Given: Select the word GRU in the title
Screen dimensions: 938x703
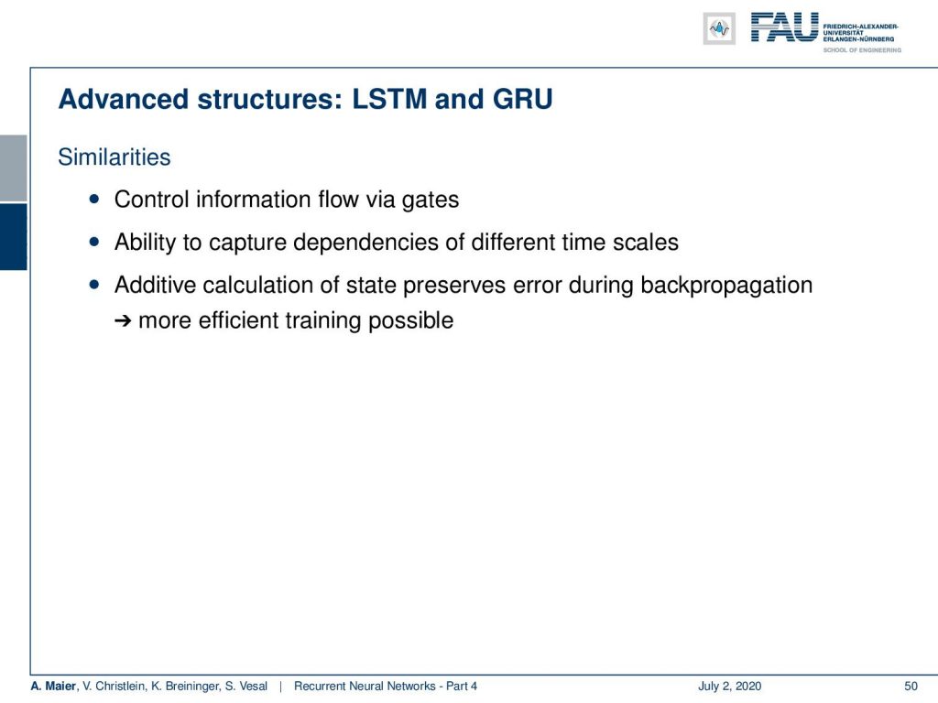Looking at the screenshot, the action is point(522,99).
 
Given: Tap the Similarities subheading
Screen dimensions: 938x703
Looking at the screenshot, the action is point(115,157).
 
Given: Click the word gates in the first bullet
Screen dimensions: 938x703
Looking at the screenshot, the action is point(431,200).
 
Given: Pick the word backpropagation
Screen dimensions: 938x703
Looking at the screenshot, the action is point(726,286).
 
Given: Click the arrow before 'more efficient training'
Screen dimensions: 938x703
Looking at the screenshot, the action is point(123,321).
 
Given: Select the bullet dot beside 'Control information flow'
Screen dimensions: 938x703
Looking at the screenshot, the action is point(94,199).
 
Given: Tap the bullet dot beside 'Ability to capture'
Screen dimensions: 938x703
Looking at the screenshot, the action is point(94,242).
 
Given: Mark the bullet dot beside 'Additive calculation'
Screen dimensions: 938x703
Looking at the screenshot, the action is point(94,285).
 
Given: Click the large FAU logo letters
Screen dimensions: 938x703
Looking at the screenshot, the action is point(784,27).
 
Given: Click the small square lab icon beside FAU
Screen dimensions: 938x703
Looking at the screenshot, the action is point(719,28).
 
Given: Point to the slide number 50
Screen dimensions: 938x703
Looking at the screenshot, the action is point(911,687).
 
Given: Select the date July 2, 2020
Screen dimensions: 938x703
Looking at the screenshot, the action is point(729,687).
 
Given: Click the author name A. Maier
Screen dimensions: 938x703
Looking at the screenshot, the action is point(53,687).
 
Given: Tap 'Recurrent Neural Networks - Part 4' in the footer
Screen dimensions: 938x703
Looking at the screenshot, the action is point(386,687).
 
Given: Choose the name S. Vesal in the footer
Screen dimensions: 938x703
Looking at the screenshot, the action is point(245,687).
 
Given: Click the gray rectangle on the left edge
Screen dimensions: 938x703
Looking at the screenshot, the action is point(13,168).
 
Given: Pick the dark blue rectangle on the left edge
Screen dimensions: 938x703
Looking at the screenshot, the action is point(13,237).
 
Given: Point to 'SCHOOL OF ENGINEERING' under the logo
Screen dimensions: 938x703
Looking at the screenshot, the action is point(862,50).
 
